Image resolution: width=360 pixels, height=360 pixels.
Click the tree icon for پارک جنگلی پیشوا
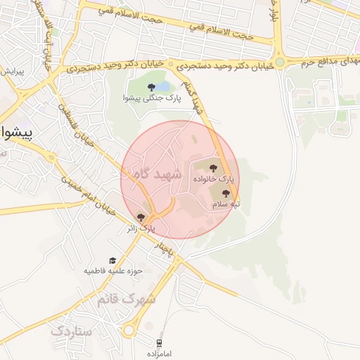(x=151, y=87)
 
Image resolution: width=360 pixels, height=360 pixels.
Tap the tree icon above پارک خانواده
(x=213, y=167)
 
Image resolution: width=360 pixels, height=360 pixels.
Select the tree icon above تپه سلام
(x=226, y=193)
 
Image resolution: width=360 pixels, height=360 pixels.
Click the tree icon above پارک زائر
(x=141, y=217)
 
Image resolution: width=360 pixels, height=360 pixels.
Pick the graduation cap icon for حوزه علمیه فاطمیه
(x=112, y=260)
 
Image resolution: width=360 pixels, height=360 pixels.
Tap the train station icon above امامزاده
(x=160, y=343)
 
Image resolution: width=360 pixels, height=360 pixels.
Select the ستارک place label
(x=72, y=329)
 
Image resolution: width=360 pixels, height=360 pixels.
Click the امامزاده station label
(x=160, y=354)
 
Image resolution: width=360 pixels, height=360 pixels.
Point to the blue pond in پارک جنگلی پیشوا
(x=162, y=87)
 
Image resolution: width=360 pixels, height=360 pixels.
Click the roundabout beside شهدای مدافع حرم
(x=280, y=63)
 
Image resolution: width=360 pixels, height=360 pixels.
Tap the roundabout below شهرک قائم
(x=130, y=330)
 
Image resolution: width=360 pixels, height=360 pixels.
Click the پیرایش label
(x=12, y=72)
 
